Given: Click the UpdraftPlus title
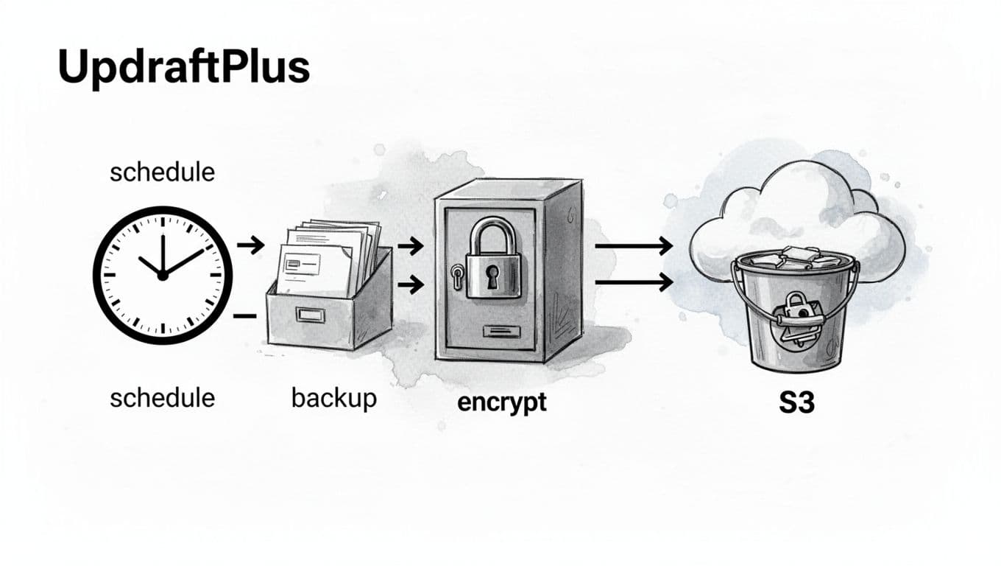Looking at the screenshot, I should pyautogui.click(x=183, y=67).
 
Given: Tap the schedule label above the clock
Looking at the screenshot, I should pyautogui.click(x=162, y=172).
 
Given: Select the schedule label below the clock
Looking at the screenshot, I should pyautogui.click(x=162, y=398).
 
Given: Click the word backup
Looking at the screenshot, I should pyautogui.click(x=334, y=398).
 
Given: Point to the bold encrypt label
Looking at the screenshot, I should pyautogui.click(x=502, y=402).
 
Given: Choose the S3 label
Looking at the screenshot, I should pyautogui.click(x=796, y=402).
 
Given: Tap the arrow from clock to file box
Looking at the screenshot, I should pyautogui.click(x=250, y=245).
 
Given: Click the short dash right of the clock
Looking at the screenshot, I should pyautogui.click(x=244, y=315).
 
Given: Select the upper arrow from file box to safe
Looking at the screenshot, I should pyautogui.click(x=410, y=246).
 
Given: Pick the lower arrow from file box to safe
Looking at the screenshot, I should pyautogui.click(x=410, y=284).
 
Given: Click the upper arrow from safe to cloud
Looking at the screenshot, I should pyautogui.click(x=633, y=246).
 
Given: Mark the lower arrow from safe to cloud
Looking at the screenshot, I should pyautogui.click(x=633, y=281).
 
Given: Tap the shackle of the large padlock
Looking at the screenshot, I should pyautogui.click(x=492, y=236).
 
